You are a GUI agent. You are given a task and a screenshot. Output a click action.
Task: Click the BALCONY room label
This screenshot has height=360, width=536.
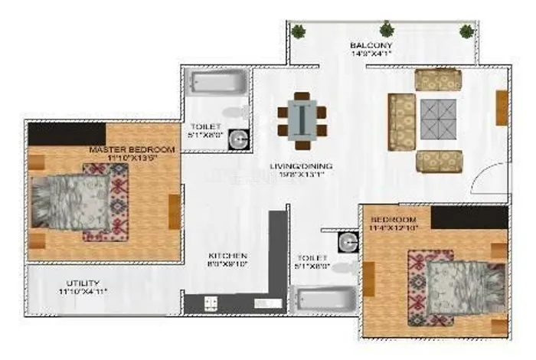pyautogui.click(x=372, y=46)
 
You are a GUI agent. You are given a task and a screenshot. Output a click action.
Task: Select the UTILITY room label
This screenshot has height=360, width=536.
pyautogui.click(x=82, y=283)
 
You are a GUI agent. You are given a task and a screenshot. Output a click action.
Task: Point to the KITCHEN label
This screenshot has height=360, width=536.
pyautogui.click(x=228, y=256)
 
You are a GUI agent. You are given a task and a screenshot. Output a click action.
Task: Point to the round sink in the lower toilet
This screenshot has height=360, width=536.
pyautogui.click(x=348, y=242)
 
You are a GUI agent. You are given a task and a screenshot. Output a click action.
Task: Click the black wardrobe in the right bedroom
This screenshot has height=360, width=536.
pyautogui.click(x=469, y=217)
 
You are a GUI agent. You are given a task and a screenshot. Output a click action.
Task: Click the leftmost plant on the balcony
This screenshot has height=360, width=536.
pyautogui.click(x=299, y=31)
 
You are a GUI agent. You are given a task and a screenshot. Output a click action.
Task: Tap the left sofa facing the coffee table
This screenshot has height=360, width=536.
pyautogui.click(x=400, y=121)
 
